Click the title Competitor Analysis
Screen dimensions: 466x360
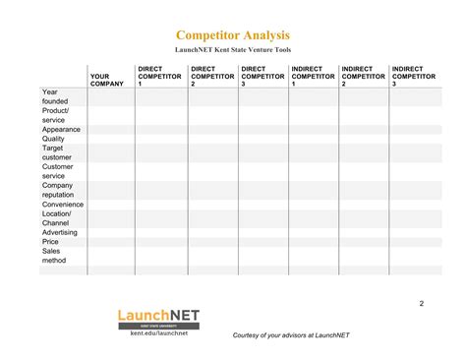coord(233,35)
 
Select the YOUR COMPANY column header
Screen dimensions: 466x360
coord(106,80)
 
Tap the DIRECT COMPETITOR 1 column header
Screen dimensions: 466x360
coord(159,76)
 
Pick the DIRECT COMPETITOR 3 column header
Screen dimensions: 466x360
coord(262,76)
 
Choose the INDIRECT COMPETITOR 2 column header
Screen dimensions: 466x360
coord(363,76)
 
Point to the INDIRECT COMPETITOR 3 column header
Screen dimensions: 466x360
coord(413,76)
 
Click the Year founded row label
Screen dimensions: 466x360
coord(54,96)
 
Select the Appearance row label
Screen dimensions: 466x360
coord(61,129)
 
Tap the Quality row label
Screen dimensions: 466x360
coord(53,139)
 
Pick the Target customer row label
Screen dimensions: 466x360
coord(57,152)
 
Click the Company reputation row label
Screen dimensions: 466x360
coord(58,190)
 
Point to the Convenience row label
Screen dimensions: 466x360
coord(62,205)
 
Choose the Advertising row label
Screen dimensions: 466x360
coord(60,232)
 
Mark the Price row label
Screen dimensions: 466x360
coord(50,241)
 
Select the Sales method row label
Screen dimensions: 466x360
coord(53,256)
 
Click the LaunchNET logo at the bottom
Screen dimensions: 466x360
coord(158,319)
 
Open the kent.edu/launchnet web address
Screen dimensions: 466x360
coord(158,334)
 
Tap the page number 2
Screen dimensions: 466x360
coord(421,302)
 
